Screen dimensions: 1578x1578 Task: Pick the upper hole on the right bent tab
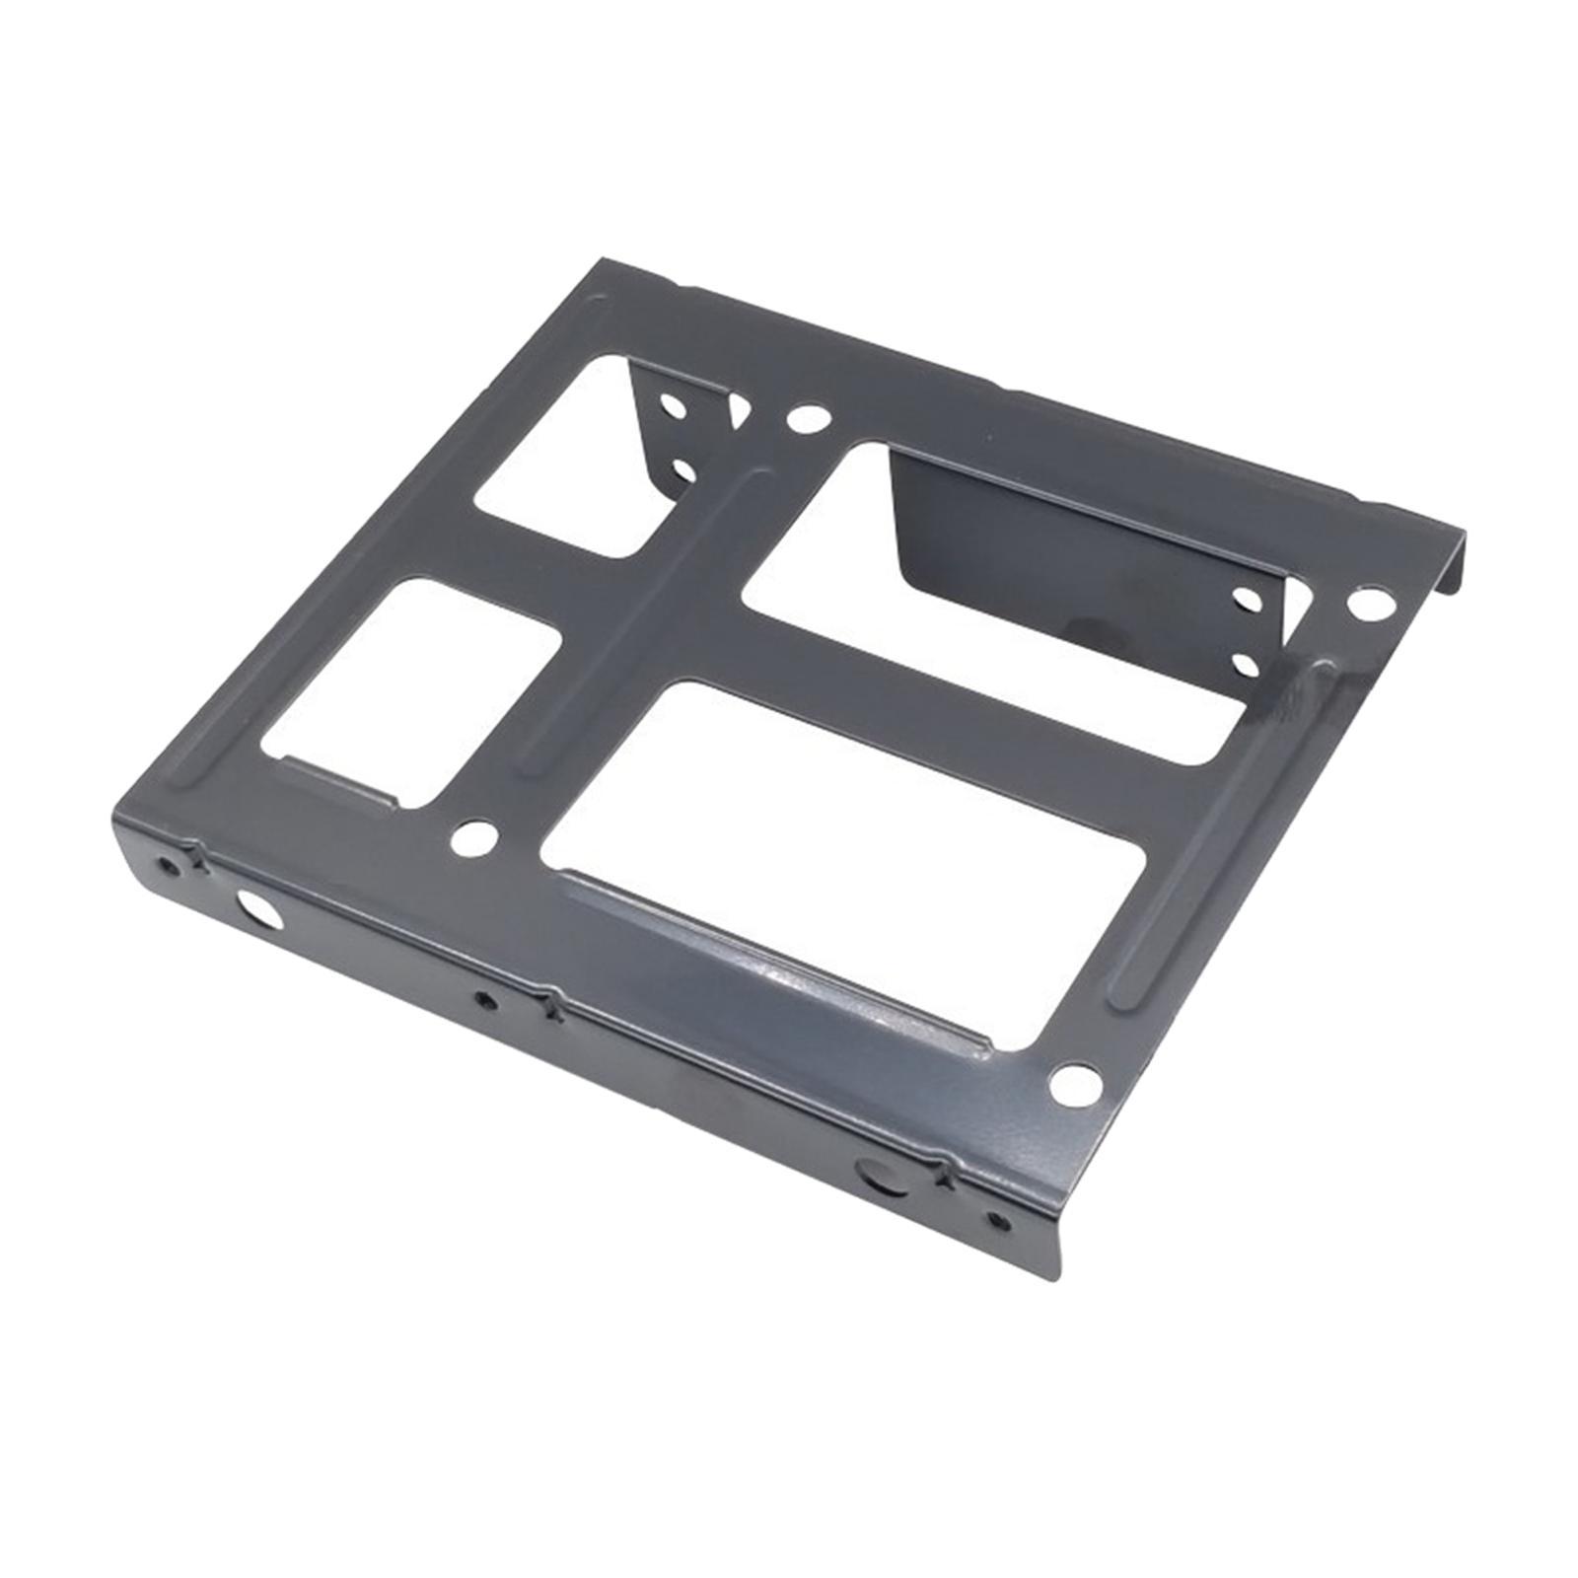click(1247, 598)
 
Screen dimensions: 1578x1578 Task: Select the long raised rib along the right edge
click(1223, 838)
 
